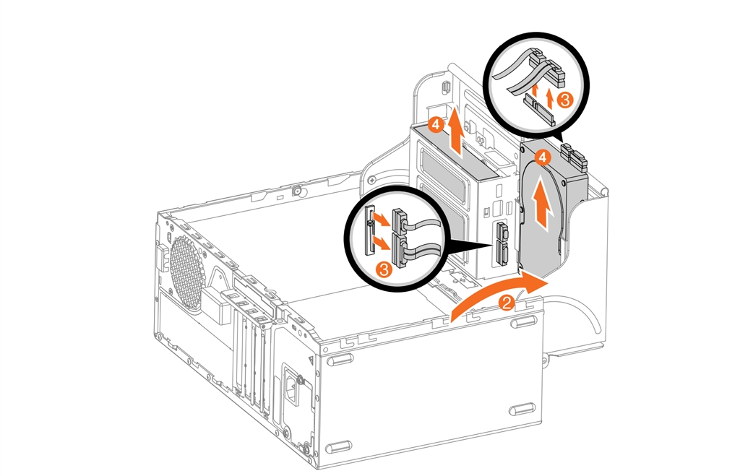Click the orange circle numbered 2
507,302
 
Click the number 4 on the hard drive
543,156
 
